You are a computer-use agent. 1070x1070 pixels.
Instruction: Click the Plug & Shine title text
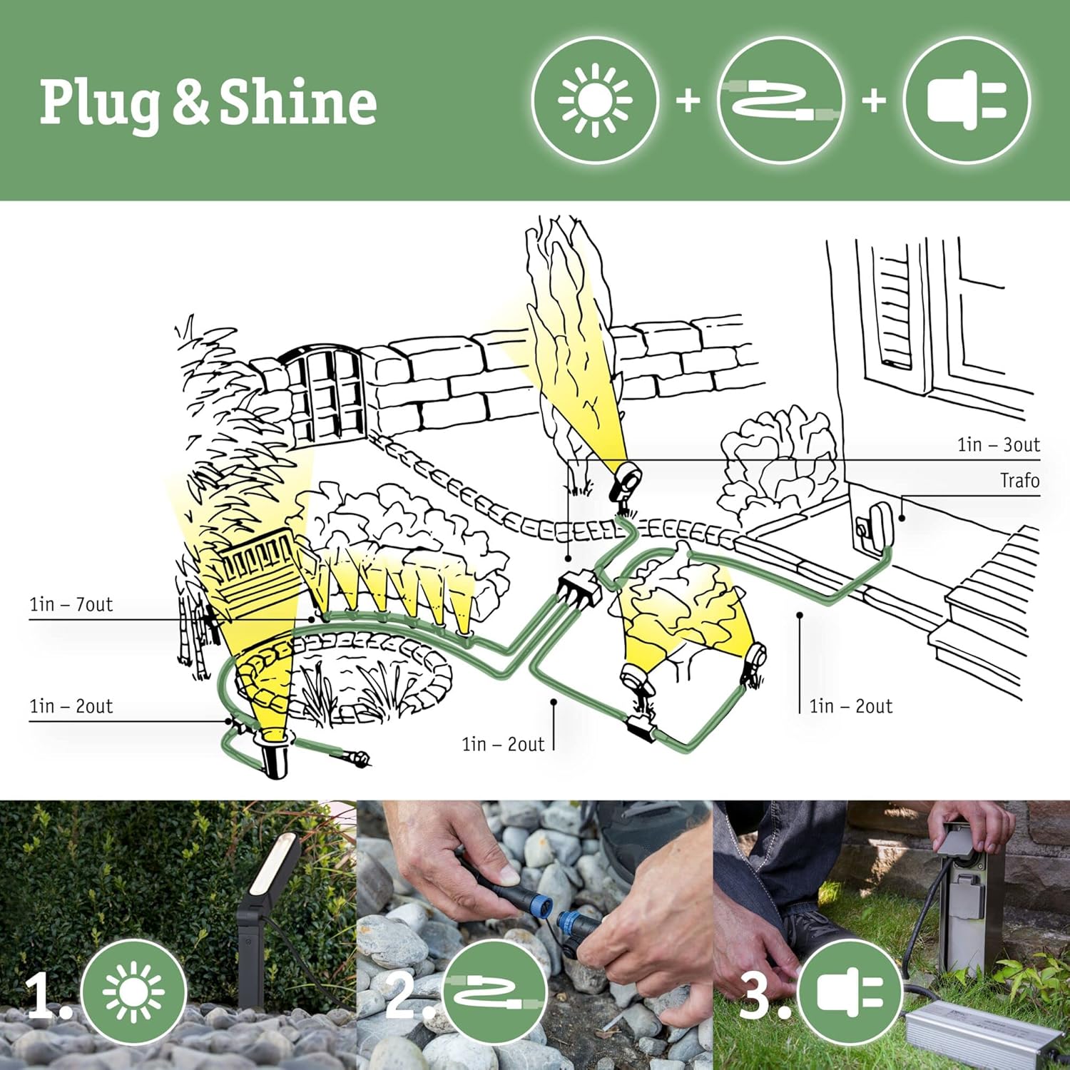(x=208, y=102)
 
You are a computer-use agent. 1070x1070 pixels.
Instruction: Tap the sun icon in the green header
(x=594, y=101)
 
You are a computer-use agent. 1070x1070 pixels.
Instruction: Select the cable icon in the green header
(x=780, y=101)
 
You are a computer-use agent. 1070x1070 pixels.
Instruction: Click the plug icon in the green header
(x=967, y=101)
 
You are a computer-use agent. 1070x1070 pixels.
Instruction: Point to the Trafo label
(x=1019, y=481)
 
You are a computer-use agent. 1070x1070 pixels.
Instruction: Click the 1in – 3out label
(x=998, y=445)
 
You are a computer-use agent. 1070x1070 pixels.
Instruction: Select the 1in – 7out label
(x=71, y=605)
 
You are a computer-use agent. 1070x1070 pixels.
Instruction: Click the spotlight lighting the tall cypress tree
(x=626, y=484)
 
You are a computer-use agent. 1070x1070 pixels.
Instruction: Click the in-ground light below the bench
(x=273, y=756)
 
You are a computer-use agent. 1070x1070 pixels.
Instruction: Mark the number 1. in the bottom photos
(x=49, y=996)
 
